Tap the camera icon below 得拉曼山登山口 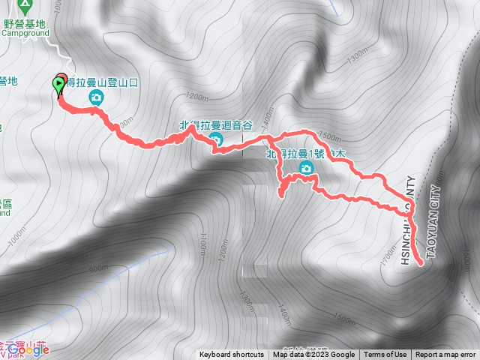pos(96,97)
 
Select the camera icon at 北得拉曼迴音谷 pos(216,139)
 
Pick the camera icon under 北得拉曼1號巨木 pos(306,169)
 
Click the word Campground pos(26,33)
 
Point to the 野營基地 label pos(26,23)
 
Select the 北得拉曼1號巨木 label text pos(307,154)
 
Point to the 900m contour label pos(98,268)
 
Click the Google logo pos(30,349)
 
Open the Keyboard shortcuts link pos(232,355)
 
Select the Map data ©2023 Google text pos(313,355)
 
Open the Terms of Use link pos(385,355)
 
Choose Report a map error pos(446,355)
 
